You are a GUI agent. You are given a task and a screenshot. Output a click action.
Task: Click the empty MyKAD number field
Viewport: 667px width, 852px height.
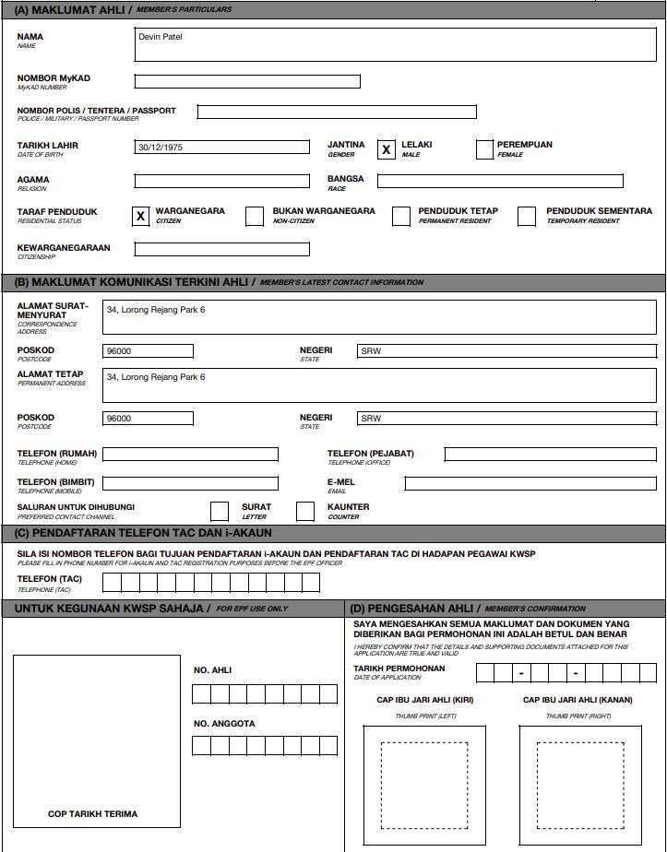coord(247,81)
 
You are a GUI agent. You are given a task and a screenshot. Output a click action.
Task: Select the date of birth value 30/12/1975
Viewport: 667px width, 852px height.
coord(222,148)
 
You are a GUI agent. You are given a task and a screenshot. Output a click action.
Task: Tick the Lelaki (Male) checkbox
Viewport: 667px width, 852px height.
coord(387,149)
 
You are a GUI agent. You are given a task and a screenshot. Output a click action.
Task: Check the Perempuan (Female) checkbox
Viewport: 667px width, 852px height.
coord(485,149)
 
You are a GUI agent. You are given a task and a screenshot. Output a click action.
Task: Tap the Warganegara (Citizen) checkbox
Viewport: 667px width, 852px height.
coord(140,217)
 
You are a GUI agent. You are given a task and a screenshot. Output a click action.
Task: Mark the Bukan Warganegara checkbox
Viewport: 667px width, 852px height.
coord(255,217)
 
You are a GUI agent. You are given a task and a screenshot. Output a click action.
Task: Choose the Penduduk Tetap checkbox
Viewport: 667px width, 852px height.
coord(401,217)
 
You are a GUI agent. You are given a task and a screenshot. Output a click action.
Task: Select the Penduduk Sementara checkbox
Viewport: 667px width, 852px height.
coord(527,217)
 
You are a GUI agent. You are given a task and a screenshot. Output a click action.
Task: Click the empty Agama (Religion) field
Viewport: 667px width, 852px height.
coord(222,181)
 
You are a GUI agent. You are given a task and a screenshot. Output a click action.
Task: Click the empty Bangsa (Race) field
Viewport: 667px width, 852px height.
coord(500,181)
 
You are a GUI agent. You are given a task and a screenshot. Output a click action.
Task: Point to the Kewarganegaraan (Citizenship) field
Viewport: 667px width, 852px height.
coord(222,249)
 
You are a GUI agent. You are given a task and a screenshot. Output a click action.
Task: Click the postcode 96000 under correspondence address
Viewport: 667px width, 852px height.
coord(149,351)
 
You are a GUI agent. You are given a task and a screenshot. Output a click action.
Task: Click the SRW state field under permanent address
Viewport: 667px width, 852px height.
coord(506,419)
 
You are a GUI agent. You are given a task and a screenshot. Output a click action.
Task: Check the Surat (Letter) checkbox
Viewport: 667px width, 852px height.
coord(220,511)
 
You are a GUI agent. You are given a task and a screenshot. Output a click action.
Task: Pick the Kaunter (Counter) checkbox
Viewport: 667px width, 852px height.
coord(305,511)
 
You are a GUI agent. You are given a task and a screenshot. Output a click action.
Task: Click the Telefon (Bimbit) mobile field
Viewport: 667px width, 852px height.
coord(190,483)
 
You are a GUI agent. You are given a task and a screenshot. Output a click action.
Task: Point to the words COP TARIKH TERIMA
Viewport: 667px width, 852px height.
coord(93,814)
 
